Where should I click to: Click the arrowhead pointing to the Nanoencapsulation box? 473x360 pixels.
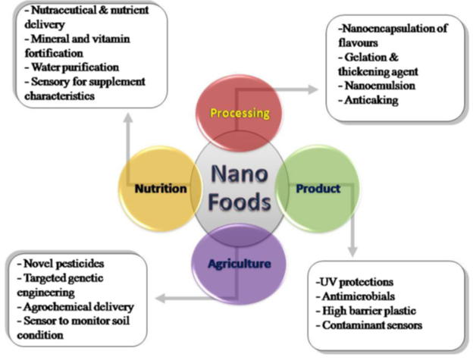pos(317,89)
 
